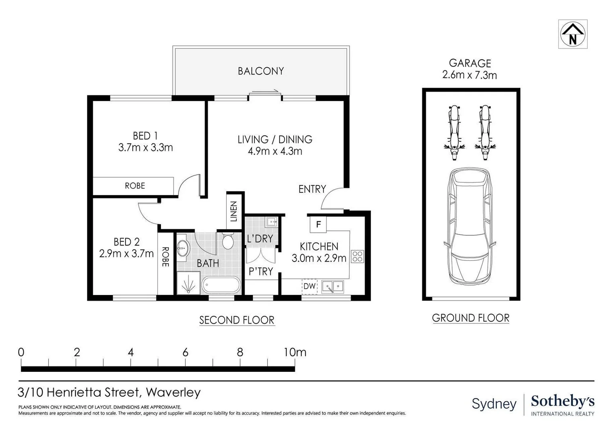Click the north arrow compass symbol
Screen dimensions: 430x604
coord(573,34)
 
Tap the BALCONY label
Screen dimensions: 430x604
coord(261,71)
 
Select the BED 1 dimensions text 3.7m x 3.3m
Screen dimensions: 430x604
coord(145,148)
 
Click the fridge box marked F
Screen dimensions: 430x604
coord(318,224)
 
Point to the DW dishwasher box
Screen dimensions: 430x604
coord(309,286)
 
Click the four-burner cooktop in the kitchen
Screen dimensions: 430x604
coord(357,256)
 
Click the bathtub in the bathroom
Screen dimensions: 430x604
coord(221,285)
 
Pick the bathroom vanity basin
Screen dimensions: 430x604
coord(183,248)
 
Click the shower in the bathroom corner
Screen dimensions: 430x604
coord(188,284)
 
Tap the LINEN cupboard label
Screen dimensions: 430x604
coord(234,211)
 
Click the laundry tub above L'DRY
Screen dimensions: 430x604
coord(272,221)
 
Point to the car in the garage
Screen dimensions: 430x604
coord(470,226)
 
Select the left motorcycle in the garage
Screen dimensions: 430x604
coord(454,132)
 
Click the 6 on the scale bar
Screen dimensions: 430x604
coord(185,352)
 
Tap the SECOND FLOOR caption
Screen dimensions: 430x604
coord(237,320)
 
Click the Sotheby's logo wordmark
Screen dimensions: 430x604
coord(562,401)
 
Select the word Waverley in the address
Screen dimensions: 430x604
coord(173,393)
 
